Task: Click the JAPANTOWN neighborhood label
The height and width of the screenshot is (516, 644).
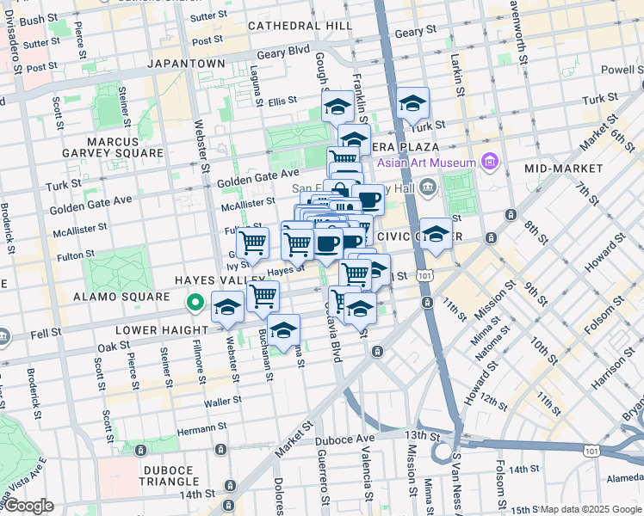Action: click(186, 64)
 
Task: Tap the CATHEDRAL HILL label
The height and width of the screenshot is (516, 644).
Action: click(300, 26)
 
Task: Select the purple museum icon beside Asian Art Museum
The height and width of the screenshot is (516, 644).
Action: click(490, 162)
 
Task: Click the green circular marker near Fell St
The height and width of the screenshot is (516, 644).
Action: click(195, 303)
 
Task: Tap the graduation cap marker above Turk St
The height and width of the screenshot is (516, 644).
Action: click(413, 105)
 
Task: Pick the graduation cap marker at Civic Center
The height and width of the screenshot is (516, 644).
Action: click(436, 235)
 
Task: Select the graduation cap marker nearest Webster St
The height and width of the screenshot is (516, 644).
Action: click(227, 307)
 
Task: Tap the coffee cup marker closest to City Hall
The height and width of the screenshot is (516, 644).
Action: click(369, 200)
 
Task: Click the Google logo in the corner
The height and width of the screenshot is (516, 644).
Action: click(29, 505)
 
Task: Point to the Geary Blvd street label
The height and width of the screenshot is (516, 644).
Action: click(283, 52)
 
